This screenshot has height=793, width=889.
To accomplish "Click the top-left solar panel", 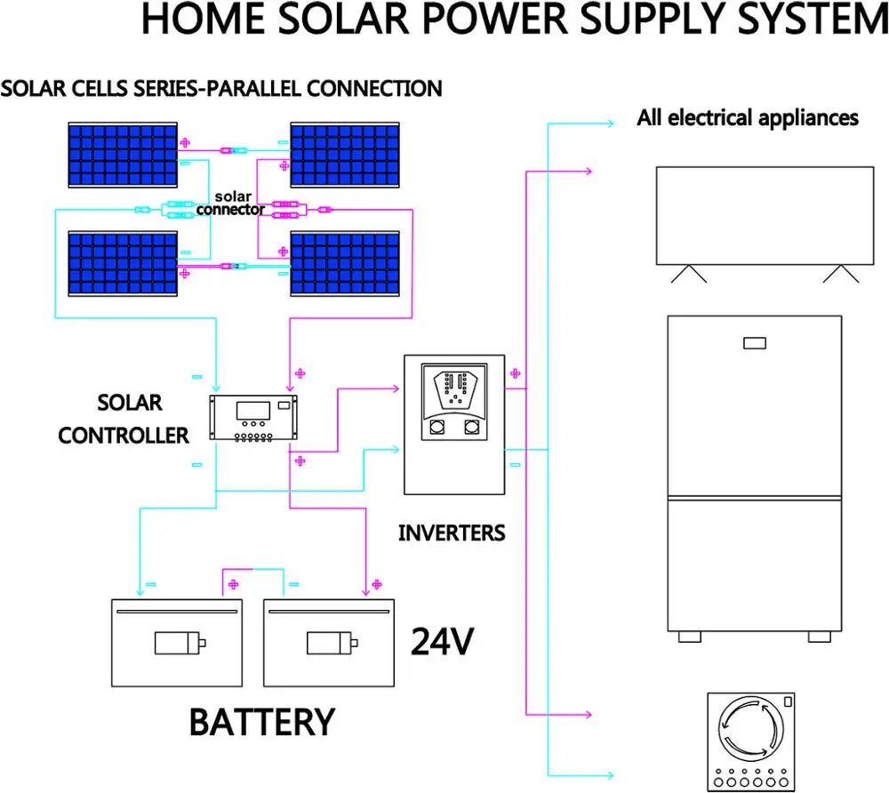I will click(x=124, y=156).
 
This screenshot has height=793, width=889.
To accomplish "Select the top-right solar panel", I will click(x=345, y=156).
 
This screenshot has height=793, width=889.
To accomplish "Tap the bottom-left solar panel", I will click(x=124, y=264).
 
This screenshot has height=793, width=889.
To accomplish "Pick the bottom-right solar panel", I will click(x=345, y=264).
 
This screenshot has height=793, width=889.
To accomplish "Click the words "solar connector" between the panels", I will click(x=230, y=203).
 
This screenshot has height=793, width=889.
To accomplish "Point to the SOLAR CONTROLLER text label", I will click(x=124, y=419).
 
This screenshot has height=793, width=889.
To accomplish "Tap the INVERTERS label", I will click(x=452, y=533).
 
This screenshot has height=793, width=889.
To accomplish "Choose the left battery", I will click(x=176, y=641).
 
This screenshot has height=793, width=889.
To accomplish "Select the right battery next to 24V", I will click(x=328, y=641).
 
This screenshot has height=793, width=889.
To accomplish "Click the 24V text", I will click(x=442, y=642).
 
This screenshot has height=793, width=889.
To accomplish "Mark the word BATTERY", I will click(x=262, y=722).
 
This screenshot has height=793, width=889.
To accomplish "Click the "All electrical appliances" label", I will click(x=748, y=117).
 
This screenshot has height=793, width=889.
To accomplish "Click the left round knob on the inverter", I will click(x=437, y=428).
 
